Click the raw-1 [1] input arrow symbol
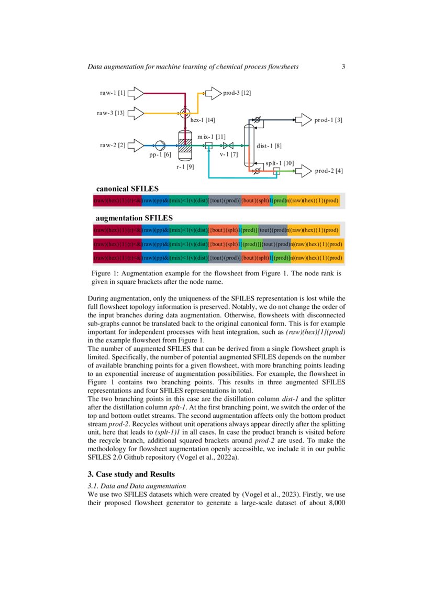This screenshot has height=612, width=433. tap(136, 93)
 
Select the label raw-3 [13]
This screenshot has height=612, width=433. tap(110, 113)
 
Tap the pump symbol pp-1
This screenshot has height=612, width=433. tap(160, 145)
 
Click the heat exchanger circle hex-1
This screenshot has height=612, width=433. tap(185, 113)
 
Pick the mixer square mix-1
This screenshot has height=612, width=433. tap(208, 145)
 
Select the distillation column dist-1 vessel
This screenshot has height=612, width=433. tap(248, 145)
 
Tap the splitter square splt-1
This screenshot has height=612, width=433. tap(276, 170)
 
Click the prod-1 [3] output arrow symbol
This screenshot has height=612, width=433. tap(303, 120)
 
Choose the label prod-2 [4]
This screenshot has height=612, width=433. tap(328, 171)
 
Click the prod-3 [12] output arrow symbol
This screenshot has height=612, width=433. tap(213, 93)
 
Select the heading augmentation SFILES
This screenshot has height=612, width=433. tap(134, 217)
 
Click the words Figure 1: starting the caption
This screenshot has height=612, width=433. tap(107, 273)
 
